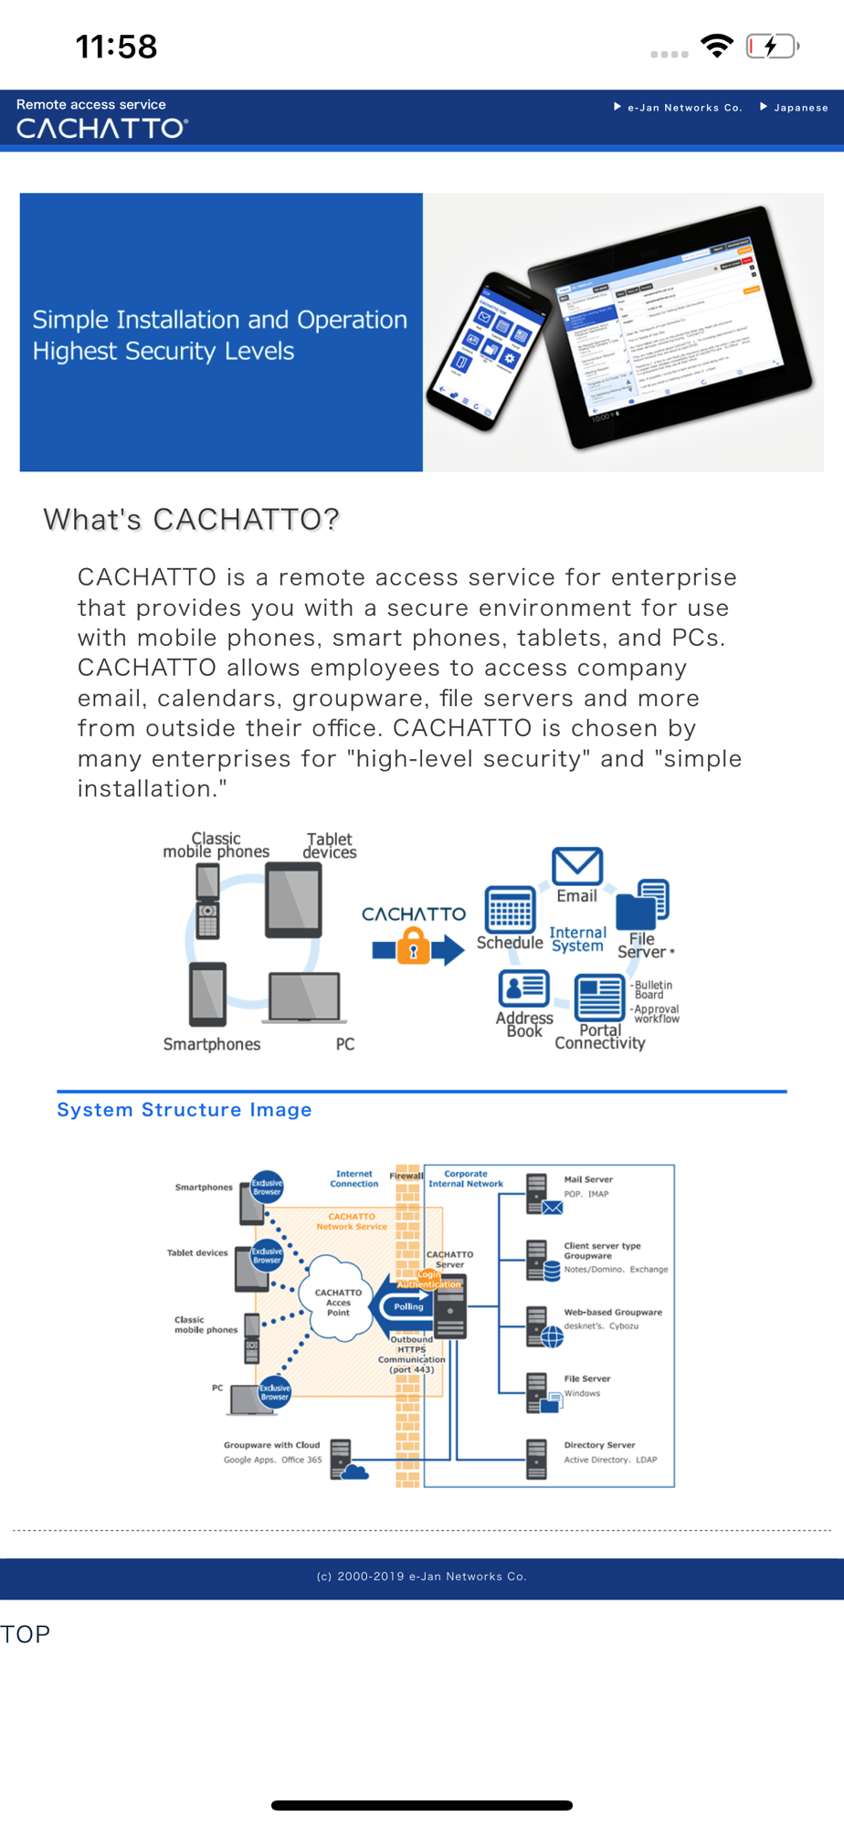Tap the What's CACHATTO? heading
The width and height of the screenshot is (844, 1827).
coord(191,519)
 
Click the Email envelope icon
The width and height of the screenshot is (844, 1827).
coord(577,865)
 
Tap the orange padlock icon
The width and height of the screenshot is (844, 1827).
coord(414,946)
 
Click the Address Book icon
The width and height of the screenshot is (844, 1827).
coord(523,988)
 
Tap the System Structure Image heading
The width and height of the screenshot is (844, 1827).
coord(185,1110)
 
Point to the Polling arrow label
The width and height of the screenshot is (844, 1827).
coord(407,1306)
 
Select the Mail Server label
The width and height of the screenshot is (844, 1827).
coord(588,1179)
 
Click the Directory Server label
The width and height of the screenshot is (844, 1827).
coord(599,1445)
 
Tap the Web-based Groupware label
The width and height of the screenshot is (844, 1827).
coord(613,1312)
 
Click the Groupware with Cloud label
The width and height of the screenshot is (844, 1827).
coord(271,1445)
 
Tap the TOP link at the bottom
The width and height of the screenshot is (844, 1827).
coord(26,1634)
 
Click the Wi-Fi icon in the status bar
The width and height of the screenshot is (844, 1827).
coord(717,46)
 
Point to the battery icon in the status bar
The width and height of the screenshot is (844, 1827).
coord(772,46)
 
